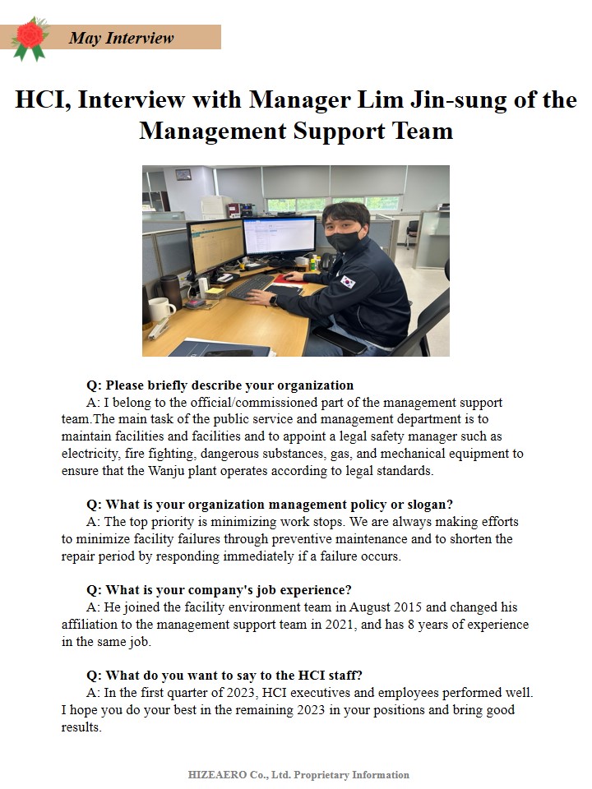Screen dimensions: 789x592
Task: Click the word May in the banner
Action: pos(85,38)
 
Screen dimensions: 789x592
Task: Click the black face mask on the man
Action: pos(343,241)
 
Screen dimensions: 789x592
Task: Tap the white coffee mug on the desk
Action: pos(160,309)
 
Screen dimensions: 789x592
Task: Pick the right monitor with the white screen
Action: pos(279,236)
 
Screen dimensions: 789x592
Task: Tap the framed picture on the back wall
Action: pos(183,174)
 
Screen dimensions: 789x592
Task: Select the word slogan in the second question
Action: pos(427,504)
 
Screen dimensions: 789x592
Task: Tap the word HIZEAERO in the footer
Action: pos(217,774)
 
